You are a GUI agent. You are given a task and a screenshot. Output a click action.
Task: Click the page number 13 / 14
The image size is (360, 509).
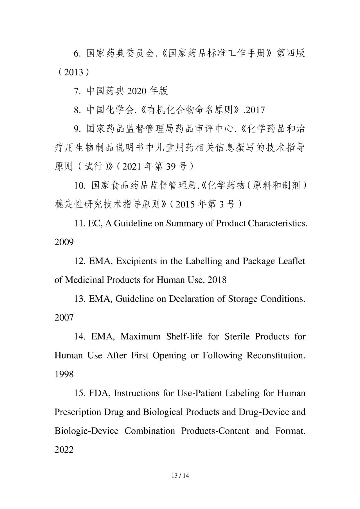click(180, 476)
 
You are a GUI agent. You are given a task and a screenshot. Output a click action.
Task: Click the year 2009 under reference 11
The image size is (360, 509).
click(64, 242)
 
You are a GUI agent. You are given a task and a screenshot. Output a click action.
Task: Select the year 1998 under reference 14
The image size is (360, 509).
click(64, 374)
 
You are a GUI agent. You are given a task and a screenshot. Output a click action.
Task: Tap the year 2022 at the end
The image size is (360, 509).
click(64, 450)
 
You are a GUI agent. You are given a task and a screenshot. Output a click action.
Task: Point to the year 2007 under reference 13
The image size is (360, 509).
click(64, 317)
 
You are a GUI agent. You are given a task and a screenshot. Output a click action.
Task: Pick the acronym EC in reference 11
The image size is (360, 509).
click(94, 223)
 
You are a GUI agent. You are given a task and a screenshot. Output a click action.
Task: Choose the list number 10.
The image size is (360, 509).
click(80, 185)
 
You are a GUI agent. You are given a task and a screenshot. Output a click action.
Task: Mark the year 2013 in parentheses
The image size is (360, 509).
click(73, 72)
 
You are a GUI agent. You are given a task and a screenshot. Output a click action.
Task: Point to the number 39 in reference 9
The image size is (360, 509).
click(170, 166)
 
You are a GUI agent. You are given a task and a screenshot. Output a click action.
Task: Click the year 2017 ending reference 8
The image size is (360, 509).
click(255, 110)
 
